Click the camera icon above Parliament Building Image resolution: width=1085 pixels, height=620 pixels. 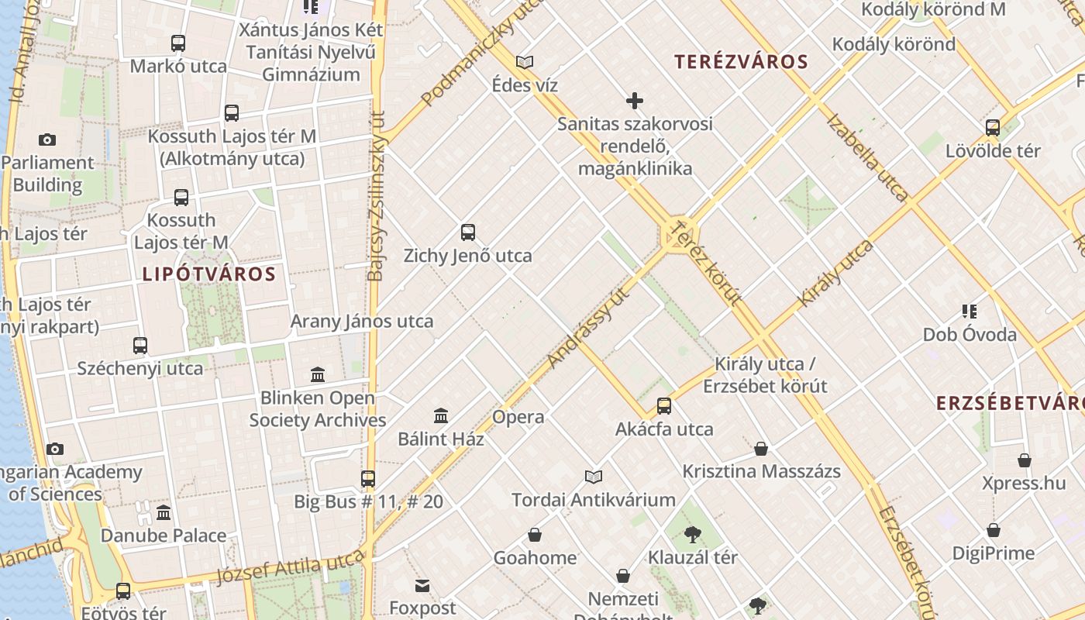tap(47, 140)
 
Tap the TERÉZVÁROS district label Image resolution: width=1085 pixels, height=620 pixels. tap(741, 62)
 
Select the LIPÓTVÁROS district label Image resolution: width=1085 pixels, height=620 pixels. tap(209, 274)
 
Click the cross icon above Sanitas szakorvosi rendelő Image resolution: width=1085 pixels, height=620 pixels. tap(635, 101)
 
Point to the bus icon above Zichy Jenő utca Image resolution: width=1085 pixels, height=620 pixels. tap(468, 232)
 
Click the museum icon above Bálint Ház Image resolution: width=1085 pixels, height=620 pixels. tap(441, 415)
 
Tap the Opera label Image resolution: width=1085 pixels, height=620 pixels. tap(518, 417)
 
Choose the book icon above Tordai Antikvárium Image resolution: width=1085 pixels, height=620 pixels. tap(594, 477)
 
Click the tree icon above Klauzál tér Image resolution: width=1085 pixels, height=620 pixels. tap(693, 534)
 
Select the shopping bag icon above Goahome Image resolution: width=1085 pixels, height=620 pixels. tap(535, 535)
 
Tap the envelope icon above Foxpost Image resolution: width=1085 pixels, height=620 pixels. tap(422, 585)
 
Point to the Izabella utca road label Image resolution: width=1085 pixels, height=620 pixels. tap(867, 158)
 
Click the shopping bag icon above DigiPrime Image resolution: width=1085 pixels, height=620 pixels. tap(994, 531)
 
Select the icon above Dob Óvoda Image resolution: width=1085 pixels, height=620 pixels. tap(970, 312)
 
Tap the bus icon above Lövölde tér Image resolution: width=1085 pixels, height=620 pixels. tap(993, 128)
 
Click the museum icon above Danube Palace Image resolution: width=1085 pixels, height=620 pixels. tap(164, 513)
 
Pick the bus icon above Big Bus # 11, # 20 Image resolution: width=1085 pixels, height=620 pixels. tap(368, 479)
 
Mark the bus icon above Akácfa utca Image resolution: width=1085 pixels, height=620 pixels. tap(664, 405)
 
